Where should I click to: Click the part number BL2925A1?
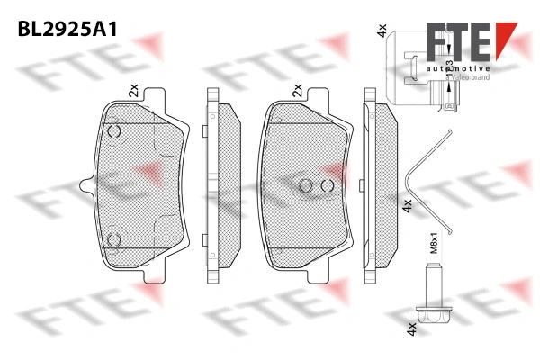[x=68, y=30]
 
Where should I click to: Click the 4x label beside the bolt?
[x=411, y=330]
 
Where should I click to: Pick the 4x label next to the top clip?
[x=382, y=32]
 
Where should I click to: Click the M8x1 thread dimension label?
[x=431, y=244]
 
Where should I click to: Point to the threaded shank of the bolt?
[x=433, y=286]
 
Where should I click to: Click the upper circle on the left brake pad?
[x=114, y=132]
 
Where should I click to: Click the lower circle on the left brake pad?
[x=114, y=239]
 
